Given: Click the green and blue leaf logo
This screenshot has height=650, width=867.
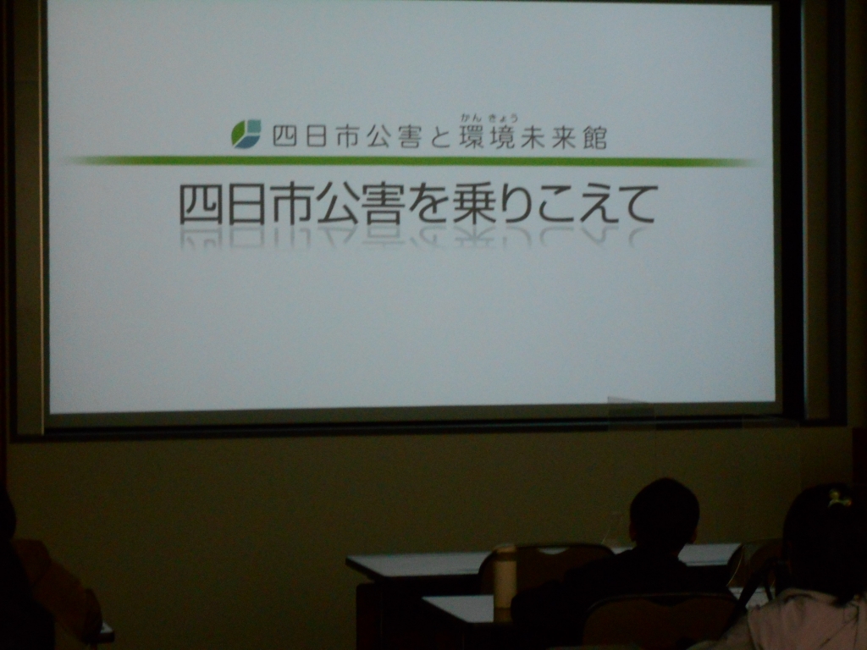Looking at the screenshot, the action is (246, 134).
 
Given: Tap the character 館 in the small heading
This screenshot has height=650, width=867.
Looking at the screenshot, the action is (595, 136).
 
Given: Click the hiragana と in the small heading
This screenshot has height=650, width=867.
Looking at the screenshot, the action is (440, 136).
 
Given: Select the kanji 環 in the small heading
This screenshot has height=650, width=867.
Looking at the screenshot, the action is (472, 136).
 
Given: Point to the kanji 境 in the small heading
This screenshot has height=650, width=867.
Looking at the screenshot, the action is (502, 136).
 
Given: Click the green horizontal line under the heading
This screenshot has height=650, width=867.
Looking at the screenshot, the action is (412, 162).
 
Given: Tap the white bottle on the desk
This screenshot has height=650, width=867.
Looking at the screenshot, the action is (505, 577).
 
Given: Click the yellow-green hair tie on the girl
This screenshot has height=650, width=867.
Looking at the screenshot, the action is (839, 499).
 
